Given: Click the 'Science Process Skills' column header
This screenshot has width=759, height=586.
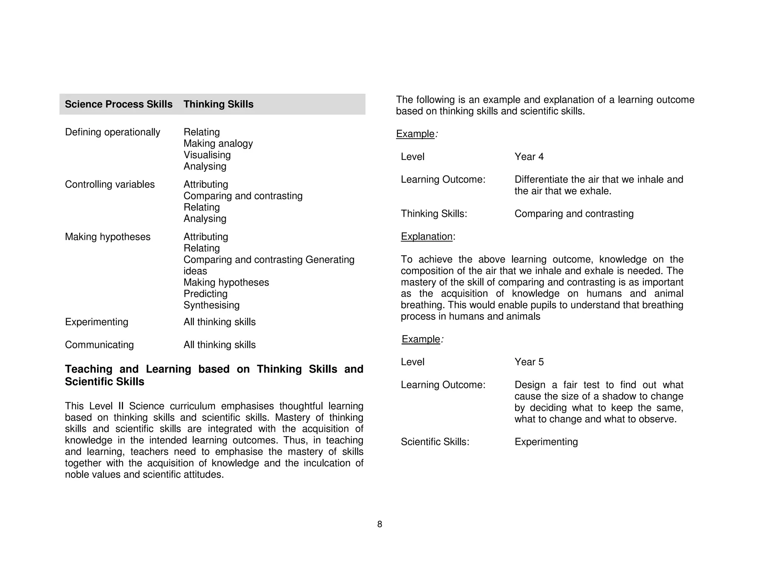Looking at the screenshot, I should pyautogui.click(x=119, y=104).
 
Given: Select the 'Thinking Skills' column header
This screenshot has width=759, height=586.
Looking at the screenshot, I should pyautogui.click(x=218, y=104).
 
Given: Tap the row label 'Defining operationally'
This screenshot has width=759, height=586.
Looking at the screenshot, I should pyautogui.click(x=112, y=132).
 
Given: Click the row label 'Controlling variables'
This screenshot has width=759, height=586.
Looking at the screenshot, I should pyautogui.click(x=110, y=184).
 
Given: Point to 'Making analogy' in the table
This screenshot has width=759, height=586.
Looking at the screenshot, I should pyautogui.click(x=218, y=143).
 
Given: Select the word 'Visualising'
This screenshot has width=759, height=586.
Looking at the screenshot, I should pyautogui.click(x=207, y=155).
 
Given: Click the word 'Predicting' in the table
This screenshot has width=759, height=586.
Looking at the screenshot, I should pyautogui.click(x=205, y=294).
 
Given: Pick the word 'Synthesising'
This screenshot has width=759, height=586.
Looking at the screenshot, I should pyautogui.click(x=211, y=305).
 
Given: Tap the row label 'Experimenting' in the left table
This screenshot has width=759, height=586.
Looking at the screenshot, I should pyautogui.click(x=96, y=322).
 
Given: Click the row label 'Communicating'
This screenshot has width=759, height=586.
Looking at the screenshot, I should pyautogui.click(x=99, y=345).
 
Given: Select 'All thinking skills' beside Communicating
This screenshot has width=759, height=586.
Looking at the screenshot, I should pyautogui.click(x=219, y=345).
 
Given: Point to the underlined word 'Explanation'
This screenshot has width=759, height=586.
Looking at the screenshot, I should pyautogui.click(x=427, y=236).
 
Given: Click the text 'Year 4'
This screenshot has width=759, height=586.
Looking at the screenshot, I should pyautogui.click(x=529, y=157).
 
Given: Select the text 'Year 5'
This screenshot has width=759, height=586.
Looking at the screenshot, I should pyautogui.click(x=529, y=362).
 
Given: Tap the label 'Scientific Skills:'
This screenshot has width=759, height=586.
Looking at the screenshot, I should pyautogui.click(x=435, y=442).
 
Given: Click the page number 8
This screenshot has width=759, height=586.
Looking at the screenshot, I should pyautogui.click(x=379, y=524).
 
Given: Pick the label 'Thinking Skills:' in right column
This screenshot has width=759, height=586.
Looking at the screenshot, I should pyautogui.click(x=434, y=214).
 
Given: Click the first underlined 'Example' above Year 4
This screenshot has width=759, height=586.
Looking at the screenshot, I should pyautogui.click(x=415, y=134).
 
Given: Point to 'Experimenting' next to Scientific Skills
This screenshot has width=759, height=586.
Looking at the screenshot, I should pyautogui.click(x=546, y=442).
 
